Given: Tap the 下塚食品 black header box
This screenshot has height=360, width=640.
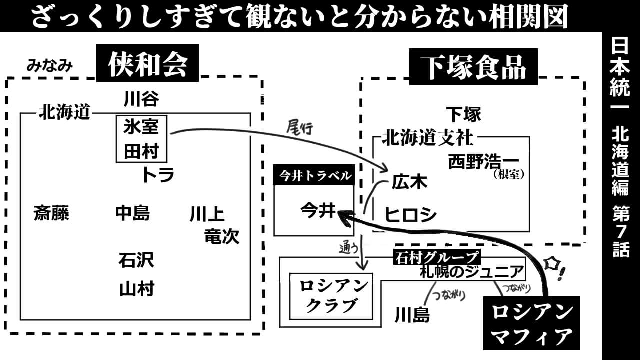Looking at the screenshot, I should tap(473, 67).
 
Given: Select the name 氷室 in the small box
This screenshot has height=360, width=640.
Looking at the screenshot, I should tap(141, 127).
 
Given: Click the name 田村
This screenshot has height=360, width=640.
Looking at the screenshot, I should tap(141, 151).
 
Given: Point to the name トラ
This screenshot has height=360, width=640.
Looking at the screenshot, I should tap(157, 175).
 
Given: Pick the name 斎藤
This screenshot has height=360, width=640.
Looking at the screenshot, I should tap(51, 214).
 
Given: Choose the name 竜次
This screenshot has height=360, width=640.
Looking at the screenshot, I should tap(222, 236).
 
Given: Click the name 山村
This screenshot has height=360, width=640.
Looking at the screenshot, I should tap(136, 289).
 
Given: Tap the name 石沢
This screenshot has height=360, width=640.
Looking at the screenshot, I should tap(136, 260).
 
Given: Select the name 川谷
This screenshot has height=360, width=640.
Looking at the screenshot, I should tap(141, 99).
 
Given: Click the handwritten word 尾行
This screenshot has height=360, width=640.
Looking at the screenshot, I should tap(299, 128).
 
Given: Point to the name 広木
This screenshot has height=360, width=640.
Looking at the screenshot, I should tap(409, 182).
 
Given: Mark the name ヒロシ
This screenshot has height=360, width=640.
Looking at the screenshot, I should tap(410, 215).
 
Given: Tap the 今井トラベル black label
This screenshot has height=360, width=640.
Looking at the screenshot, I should tap(314, 176).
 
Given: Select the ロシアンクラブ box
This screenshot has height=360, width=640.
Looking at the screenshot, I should tap(331, 296).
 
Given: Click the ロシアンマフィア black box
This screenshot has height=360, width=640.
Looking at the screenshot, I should tap(531, 323).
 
